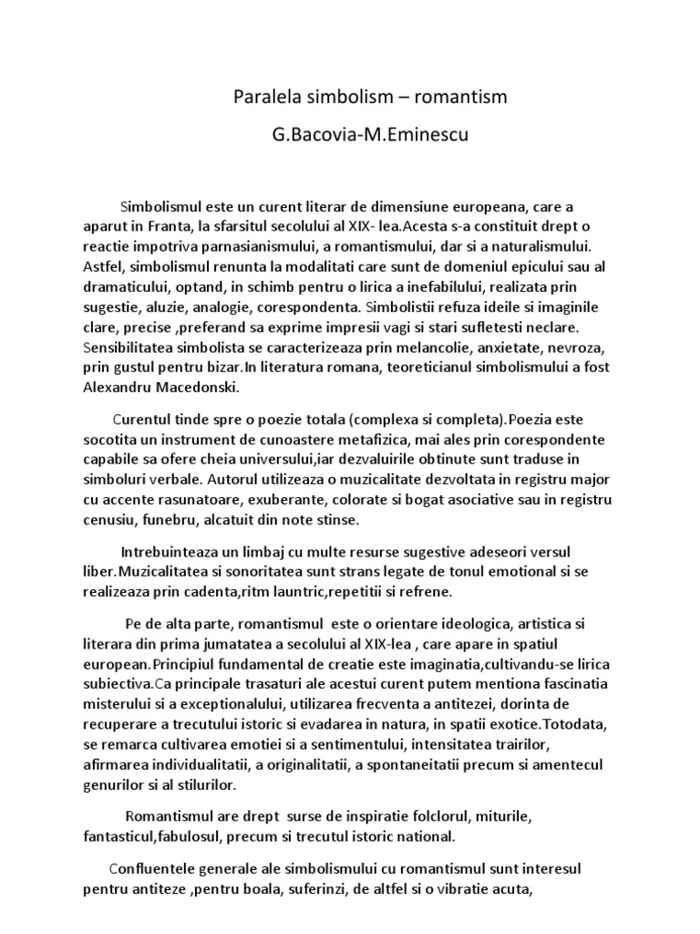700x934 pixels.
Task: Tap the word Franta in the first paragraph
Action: [181, 227]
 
